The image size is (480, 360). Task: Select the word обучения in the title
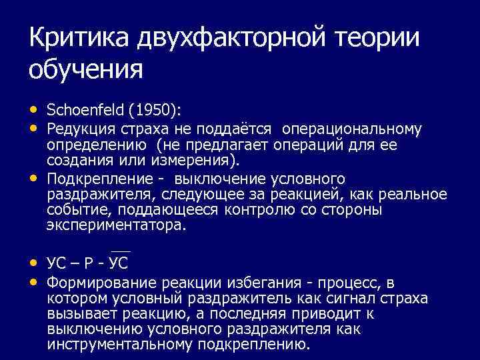click(86, 69)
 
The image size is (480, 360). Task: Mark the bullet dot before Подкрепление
click(34, 178)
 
